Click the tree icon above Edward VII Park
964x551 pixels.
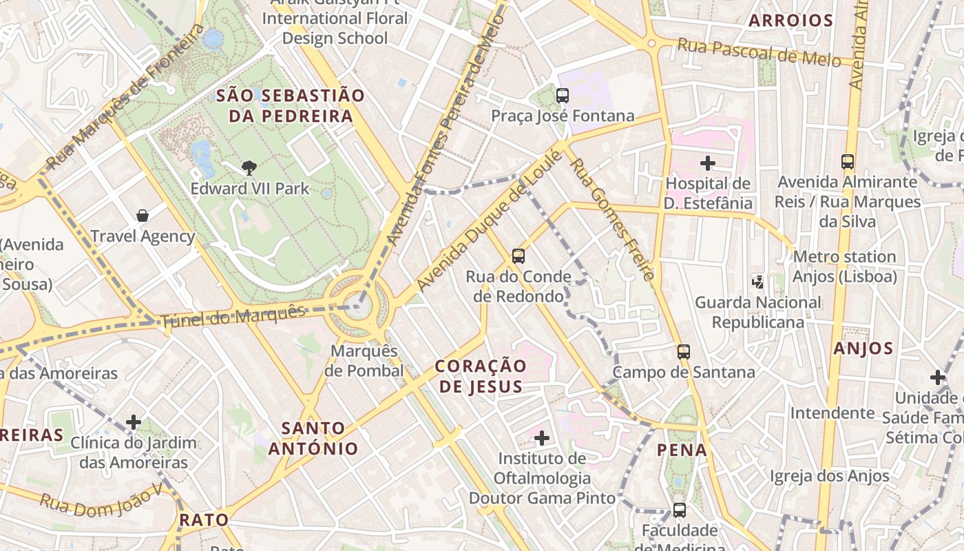click(249, 167)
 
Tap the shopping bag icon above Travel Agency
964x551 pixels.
click(143, 216)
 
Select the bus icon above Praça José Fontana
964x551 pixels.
click(563, 96)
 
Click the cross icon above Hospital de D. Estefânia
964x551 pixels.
click(707, 163)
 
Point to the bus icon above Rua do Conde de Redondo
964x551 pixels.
click(518, 256)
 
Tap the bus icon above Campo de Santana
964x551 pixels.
click(683, 351)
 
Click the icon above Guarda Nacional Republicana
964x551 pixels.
click(757, 281)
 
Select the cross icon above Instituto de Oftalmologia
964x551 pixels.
click(542, 437)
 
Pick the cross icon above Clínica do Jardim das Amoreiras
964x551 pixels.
click(134, 422)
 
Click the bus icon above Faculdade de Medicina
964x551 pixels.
click(679, 510)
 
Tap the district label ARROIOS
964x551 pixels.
click(791, 21)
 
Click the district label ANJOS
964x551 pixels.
click(863, 349)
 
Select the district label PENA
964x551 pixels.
click(682, 450)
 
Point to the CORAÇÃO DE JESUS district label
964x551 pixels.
click(481, 375)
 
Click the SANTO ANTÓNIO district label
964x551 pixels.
click(313, 438)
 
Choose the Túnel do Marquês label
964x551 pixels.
click(233, 317)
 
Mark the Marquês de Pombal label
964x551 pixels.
click(364, 361)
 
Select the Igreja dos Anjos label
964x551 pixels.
click(829, 476)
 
